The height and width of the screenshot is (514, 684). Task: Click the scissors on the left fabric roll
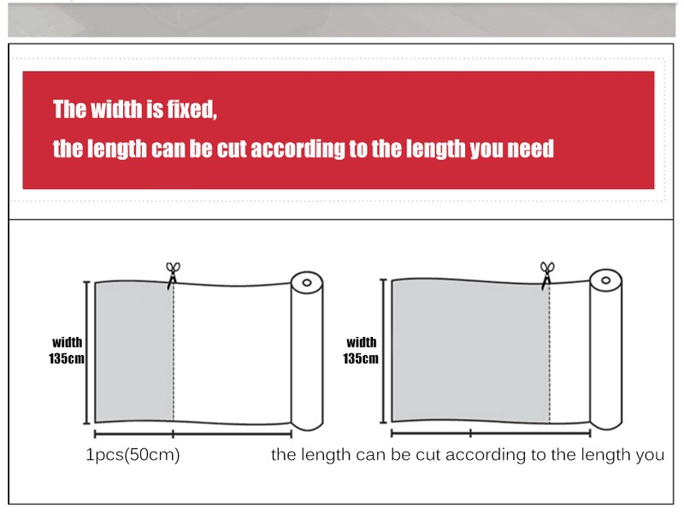(173, 275)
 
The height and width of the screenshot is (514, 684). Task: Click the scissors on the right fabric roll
(547, 275)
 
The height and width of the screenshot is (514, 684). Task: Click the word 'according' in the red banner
(298, 149)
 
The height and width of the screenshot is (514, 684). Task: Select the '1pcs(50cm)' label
(133, 455)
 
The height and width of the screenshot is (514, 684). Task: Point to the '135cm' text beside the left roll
(67, 358)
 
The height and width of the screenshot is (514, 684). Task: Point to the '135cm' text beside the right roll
(360, 358)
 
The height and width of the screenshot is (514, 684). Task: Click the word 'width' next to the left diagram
(68, 342)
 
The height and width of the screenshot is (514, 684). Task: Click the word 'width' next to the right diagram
(361, 342)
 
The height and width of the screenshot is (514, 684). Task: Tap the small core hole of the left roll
(307, 283)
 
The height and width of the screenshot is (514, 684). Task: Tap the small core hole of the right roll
(606, 281)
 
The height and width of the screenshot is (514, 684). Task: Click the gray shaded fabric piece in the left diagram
(134, 352)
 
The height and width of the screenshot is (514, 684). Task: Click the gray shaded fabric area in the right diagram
(471, 351)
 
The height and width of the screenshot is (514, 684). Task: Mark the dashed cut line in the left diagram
(174, 352)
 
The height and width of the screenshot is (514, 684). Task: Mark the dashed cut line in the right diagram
(550, 353)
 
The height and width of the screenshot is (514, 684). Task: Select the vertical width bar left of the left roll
(87, 352)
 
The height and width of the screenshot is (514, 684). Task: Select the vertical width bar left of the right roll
(383, 351)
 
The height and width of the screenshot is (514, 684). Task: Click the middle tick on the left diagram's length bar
(174, 434)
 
